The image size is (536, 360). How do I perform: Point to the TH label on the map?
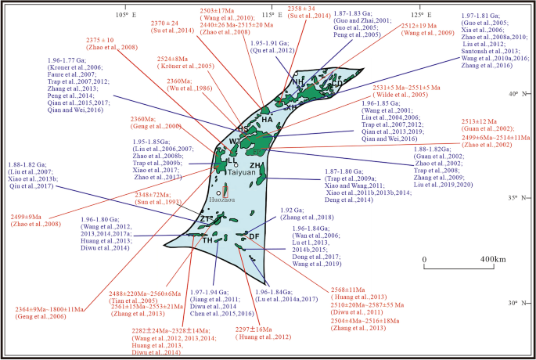208,240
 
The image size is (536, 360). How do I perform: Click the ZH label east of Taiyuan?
255,166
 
